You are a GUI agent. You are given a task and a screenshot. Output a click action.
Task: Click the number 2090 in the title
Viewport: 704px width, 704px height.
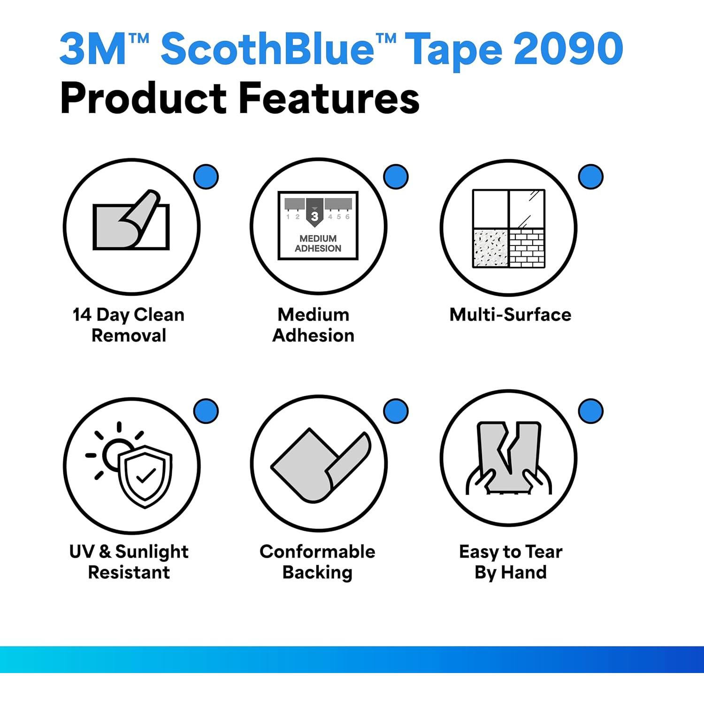coord(569,48)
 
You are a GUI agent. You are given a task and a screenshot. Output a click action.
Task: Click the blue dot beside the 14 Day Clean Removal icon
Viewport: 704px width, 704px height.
coord(206,177)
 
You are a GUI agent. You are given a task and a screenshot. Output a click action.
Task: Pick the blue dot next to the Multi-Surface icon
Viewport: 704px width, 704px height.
coord(591,177)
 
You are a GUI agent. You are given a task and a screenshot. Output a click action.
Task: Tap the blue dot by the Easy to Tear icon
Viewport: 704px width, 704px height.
coord(591,411)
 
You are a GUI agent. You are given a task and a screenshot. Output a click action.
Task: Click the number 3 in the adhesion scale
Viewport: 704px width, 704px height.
coord(314,216)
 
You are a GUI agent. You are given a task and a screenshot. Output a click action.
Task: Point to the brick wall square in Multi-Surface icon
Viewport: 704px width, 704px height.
coord(527,248)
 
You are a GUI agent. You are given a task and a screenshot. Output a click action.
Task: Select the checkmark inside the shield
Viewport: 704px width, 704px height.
coord(146,476)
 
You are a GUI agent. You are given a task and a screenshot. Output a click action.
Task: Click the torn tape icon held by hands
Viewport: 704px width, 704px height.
coord(509,458)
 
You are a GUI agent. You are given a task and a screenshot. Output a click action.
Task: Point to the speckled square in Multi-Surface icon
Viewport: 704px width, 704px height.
coord(491,248)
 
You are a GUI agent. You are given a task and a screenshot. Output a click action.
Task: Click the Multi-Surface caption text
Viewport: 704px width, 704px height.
coord(510,314)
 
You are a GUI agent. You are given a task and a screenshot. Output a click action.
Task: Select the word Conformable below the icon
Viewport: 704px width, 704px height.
coord(317,551)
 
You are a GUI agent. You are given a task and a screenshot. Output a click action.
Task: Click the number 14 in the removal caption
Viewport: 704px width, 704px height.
coord(82,314)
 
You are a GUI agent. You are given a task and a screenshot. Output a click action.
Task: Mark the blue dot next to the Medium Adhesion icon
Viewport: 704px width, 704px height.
coord(396,177)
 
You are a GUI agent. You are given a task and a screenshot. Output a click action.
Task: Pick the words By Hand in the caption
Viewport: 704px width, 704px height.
coord(511,573)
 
